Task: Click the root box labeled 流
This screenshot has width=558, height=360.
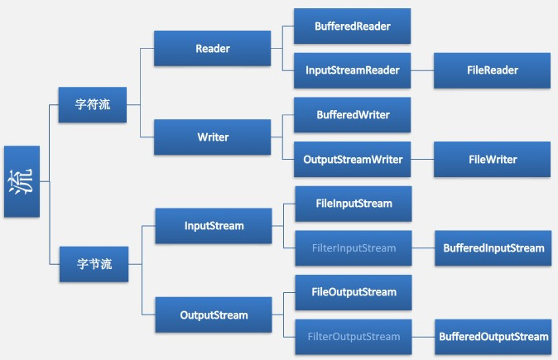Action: coord(22,181)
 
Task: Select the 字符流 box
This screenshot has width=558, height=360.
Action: coord(92,105)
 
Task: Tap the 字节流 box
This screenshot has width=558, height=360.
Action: coord(93,265)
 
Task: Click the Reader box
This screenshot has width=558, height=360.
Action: coord(213,49)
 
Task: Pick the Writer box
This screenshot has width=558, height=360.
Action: coord(213,137)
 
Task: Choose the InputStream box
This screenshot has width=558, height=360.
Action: coord(213,225)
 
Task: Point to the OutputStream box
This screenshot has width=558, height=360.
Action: coord(213,314)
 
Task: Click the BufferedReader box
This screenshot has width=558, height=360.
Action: coord(352,26)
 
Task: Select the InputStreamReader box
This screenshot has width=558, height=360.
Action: coord(352,70)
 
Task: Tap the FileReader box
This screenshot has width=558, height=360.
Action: coord(493,70)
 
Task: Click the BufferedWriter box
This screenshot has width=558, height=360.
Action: coord(352,115)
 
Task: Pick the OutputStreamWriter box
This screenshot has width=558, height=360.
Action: coord(352,159)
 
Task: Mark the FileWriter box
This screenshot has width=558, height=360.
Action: coord(493,159)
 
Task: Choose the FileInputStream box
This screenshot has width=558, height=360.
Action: coord(354,203)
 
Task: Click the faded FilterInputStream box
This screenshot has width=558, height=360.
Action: coord(354,247)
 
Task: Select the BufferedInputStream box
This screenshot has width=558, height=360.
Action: coord(493,247)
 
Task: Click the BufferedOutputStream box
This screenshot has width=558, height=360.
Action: coord(493,336)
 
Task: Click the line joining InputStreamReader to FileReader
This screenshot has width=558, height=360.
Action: coord(422,70)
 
